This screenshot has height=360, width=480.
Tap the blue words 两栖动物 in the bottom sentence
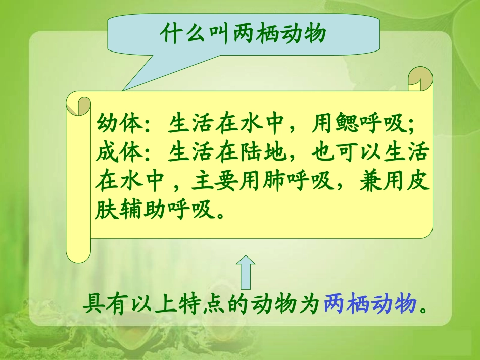point(370,304)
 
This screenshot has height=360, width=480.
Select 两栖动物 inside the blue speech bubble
point(279,34)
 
